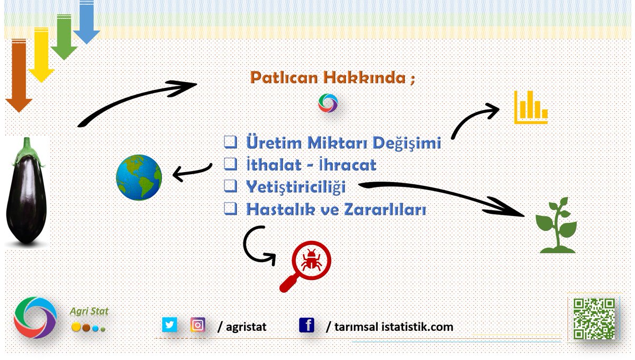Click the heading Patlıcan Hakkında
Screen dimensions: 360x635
pyautogui.click(x=332, y=78)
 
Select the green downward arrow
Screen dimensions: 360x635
pyautogui.click(x=64, y=37)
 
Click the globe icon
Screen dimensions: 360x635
pyautogui.click(x=139, y=177)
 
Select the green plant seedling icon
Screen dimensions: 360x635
pyautogui.click(x=556, y=225)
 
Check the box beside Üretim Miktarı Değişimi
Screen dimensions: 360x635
pyautogui.click(x=230, y=142)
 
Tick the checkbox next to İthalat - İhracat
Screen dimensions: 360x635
pyautogui.click(x=230, y=165)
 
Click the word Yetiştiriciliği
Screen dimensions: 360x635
pyautogui.click(x=296, y=187)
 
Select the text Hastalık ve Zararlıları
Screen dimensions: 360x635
pyautogui.click(x=336, y=209)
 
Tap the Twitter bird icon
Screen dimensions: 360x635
pyautogui.click(x=169, y=325)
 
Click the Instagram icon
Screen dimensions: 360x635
pyautogui.click(x=198, y=325)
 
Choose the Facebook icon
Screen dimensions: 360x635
pyautogui.click(x=306, y=325)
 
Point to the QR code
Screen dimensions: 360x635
pyautogui.click(x=594, y=318)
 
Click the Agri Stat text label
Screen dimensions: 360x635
pyautogui.click(x=89, y=311)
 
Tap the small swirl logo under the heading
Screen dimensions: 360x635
pyautogui.click(x=328, y=103)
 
